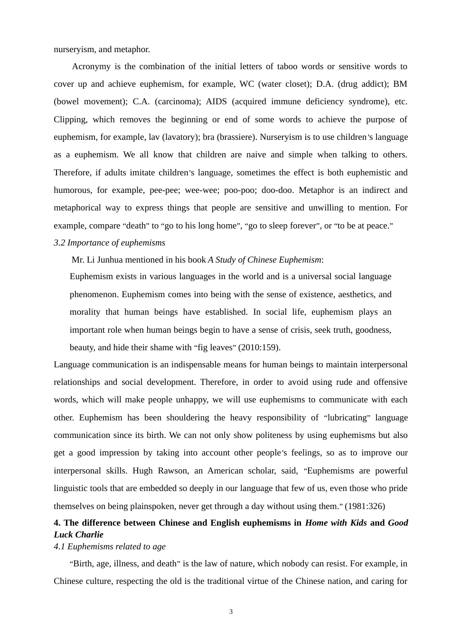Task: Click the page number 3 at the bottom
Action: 231,611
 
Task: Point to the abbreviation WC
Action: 247,84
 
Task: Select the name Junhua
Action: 112,260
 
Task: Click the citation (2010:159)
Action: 259,347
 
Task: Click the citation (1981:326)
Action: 365,506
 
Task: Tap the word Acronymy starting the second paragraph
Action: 91,66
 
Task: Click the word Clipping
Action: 70,119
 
